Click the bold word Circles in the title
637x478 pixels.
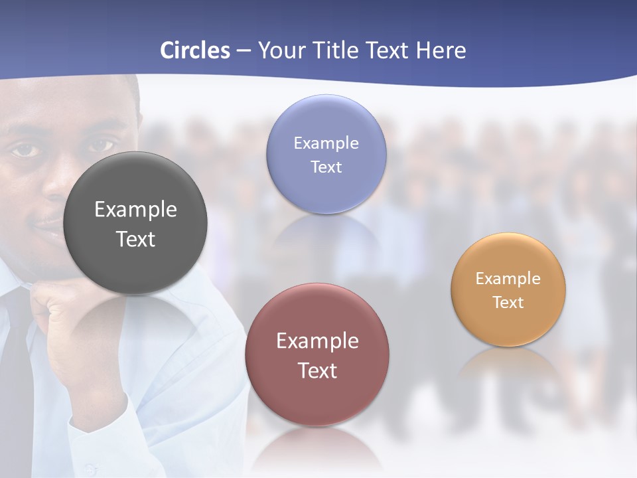coord(195,50)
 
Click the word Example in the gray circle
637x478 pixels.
coord(135,210)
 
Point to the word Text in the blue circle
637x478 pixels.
coord(326,167)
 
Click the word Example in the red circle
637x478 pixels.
coord(317,341)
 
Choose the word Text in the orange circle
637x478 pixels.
coord(508,303)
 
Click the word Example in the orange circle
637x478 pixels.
coord(508,279)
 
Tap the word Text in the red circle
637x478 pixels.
coord(317,370)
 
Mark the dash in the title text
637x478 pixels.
coord(244,51)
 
